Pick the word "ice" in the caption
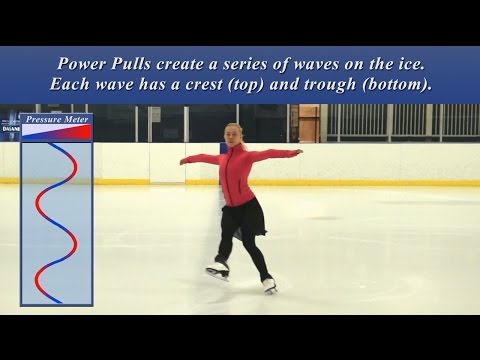[413, 62]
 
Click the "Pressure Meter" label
[56, 119]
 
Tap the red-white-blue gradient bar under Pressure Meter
[56, 130]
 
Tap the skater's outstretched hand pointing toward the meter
[184, 159]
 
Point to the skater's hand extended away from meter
[296, 152]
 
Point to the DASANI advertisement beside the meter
[9, 127]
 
